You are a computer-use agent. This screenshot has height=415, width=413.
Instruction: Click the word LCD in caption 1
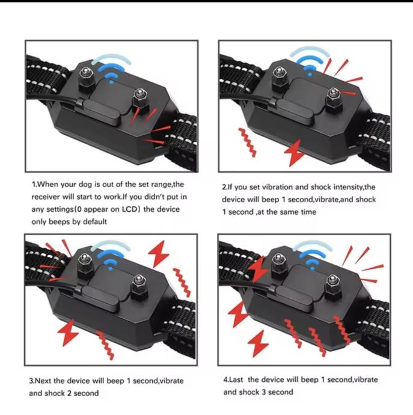[x=130, y=209]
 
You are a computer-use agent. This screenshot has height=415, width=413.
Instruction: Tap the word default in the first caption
[x=95, y=221]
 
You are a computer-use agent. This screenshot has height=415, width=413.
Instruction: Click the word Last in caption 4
[x=236, y=380]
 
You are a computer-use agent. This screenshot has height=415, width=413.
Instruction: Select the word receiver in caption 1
[x=45, y=197]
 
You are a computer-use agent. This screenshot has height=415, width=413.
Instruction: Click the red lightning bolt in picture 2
[x=295, y=153]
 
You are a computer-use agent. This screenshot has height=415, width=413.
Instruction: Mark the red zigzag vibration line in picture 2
[x=248, y=143]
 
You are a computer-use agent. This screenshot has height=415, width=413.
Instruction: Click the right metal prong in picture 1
[x=140, y=99]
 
